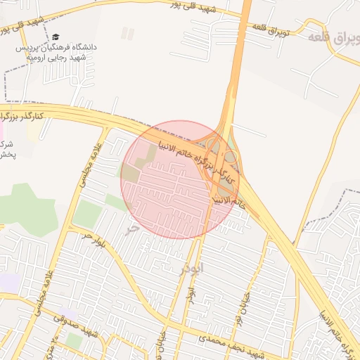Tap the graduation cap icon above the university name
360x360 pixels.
56,37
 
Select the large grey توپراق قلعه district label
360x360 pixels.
333,35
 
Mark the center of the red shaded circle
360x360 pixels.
180,179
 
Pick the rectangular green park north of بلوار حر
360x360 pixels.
87,214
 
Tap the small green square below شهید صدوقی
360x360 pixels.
73,340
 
